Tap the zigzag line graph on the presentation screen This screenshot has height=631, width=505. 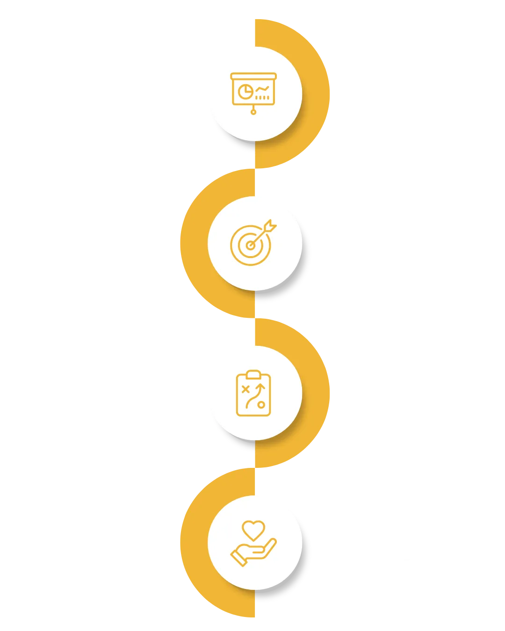tap(262, 88)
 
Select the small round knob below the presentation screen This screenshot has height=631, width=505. tap(254, 112)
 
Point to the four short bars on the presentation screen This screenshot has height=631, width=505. tap(262, 97)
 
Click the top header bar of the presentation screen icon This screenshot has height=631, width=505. tap(254, 76)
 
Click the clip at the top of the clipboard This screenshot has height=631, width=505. tap(253, 374)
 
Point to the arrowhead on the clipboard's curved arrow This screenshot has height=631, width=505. tap(262, 387)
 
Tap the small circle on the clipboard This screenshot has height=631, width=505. tap(261, 405)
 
